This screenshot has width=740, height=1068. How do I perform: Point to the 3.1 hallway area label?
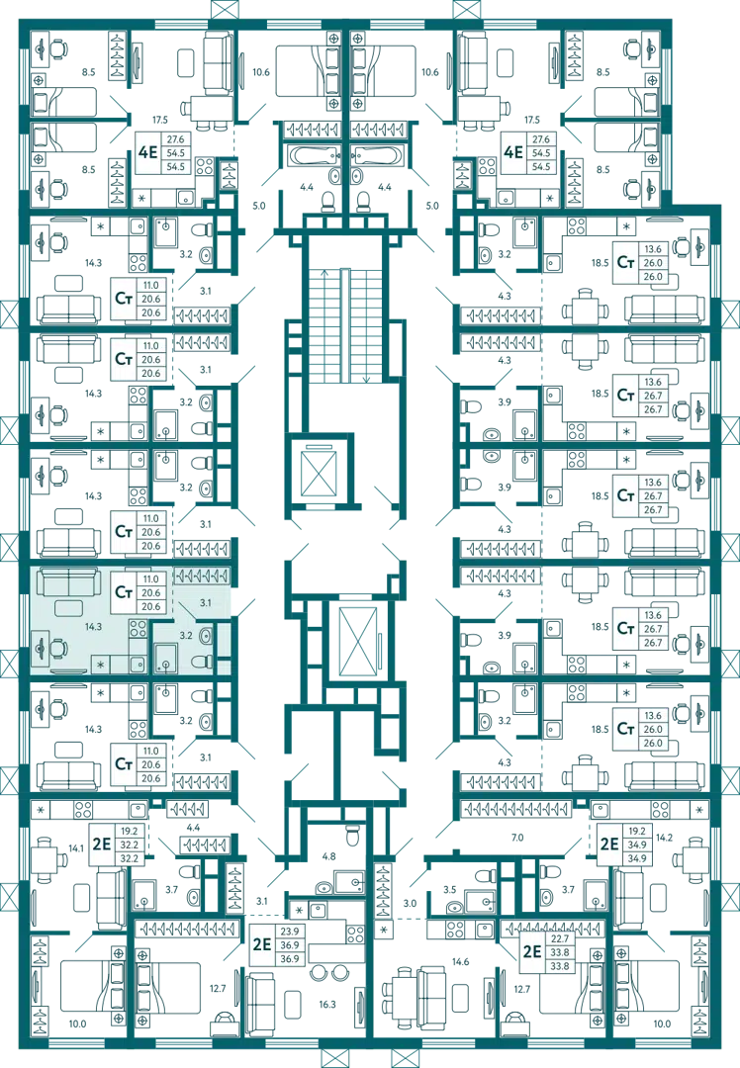coord(204,601)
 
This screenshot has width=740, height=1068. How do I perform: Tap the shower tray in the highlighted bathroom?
coord(164,656)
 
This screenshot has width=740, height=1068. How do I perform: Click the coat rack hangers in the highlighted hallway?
coord(201,575)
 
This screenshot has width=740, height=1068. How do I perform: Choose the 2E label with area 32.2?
coord(100,845)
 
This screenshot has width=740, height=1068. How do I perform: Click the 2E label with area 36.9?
coord(262,944)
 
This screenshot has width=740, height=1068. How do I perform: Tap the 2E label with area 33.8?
coord(532,952)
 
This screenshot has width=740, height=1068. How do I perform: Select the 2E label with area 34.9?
coord(609,845)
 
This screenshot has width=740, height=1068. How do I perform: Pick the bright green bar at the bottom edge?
coord(557,1034)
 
